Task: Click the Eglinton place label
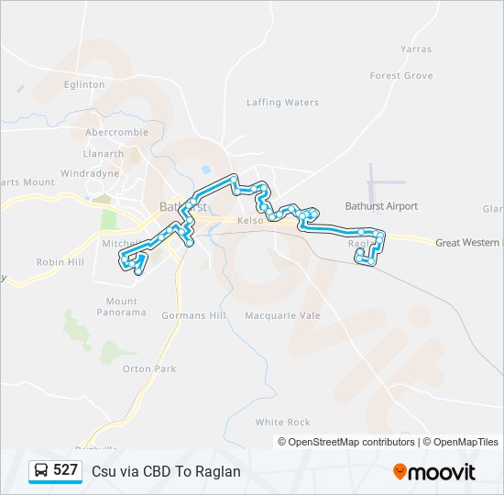[84, 84]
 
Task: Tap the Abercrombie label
[116, 131]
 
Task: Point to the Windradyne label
[90, 173]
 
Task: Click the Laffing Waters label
[282, 103]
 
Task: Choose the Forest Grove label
[400, 76]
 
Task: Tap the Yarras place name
[415, 49]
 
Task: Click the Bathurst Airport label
[381, 206]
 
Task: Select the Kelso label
[250, 221]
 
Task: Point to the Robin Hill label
[60, 262]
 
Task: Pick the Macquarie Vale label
[281, 315]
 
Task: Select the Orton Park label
[148, 369]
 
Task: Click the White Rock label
[282, 423]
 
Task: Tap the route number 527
[65, 470]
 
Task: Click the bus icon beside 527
[42, 470]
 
